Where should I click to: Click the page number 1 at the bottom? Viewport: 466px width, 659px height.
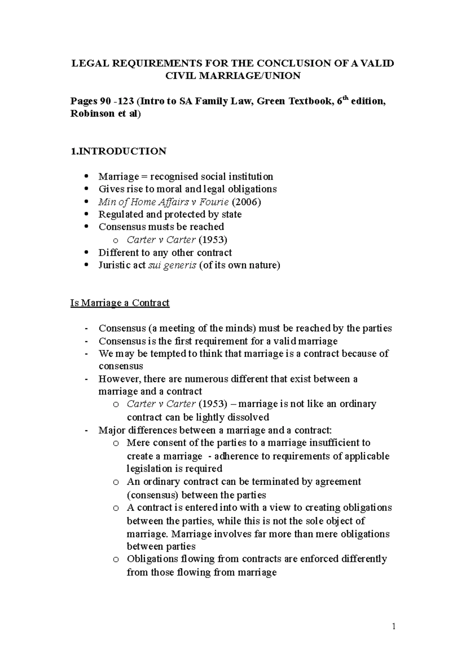click(x=393, y=626)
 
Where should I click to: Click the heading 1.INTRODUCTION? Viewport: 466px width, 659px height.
click(x=118, y=151)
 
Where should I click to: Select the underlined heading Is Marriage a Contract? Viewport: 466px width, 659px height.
click(x=120, y=303)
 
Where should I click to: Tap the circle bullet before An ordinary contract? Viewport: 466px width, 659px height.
click(x=115, y=482)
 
